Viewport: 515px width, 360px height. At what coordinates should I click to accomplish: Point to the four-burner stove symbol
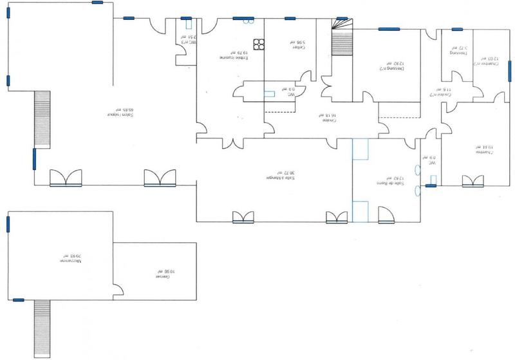(259, 44)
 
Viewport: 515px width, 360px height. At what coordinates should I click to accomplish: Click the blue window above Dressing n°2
(388, 28)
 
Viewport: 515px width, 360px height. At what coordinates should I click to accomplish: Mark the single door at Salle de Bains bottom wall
(386, 216)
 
